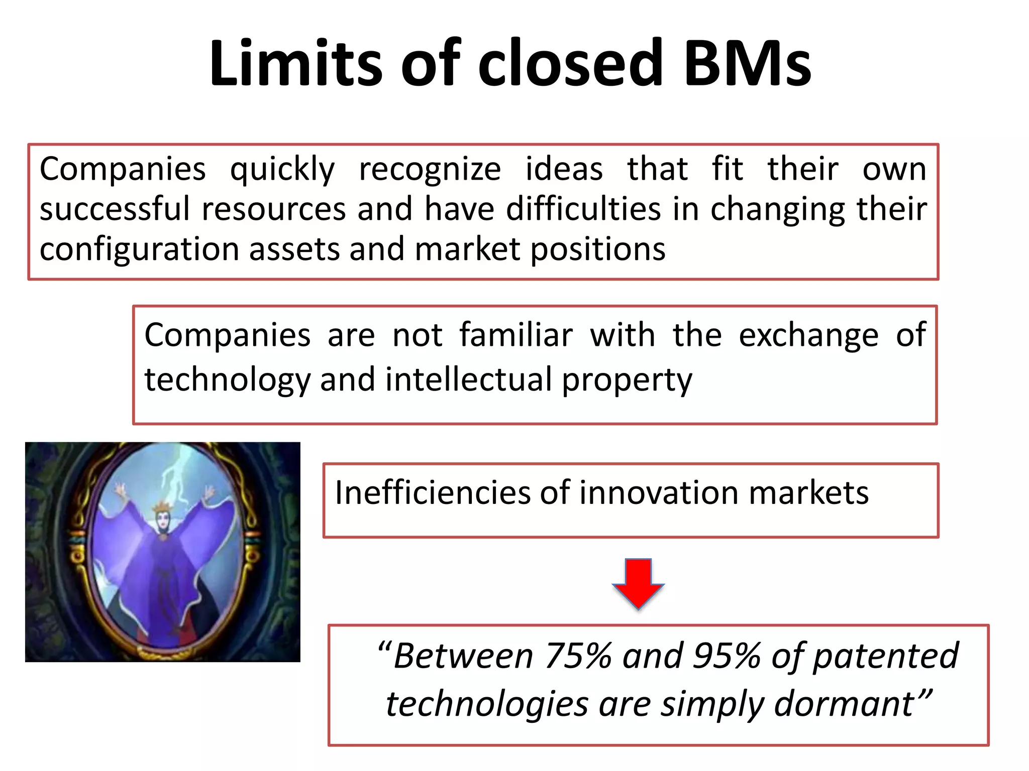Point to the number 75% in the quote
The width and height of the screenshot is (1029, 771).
click(578, 656)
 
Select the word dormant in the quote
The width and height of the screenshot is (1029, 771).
click(844, 704)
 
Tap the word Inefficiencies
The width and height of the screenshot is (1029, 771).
click(432, 492)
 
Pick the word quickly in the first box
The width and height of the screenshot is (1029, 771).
click(282, 170)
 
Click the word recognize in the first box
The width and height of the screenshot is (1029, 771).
click(430, 170)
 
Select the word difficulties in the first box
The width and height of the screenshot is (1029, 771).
click(583, 209)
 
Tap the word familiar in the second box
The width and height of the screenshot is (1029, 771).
click(516, 335)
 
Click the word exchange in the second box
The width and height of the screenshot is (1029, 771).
click(808, 336)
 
